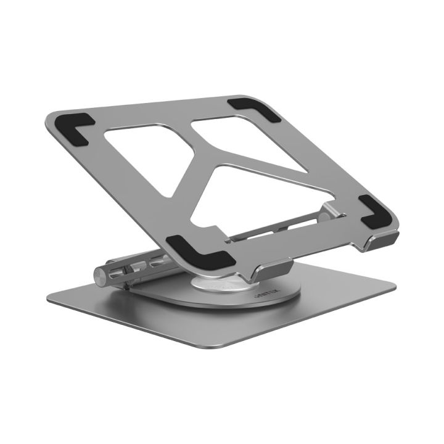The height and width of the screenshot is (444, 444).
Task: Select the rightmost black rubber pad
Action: pos(377,211)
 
